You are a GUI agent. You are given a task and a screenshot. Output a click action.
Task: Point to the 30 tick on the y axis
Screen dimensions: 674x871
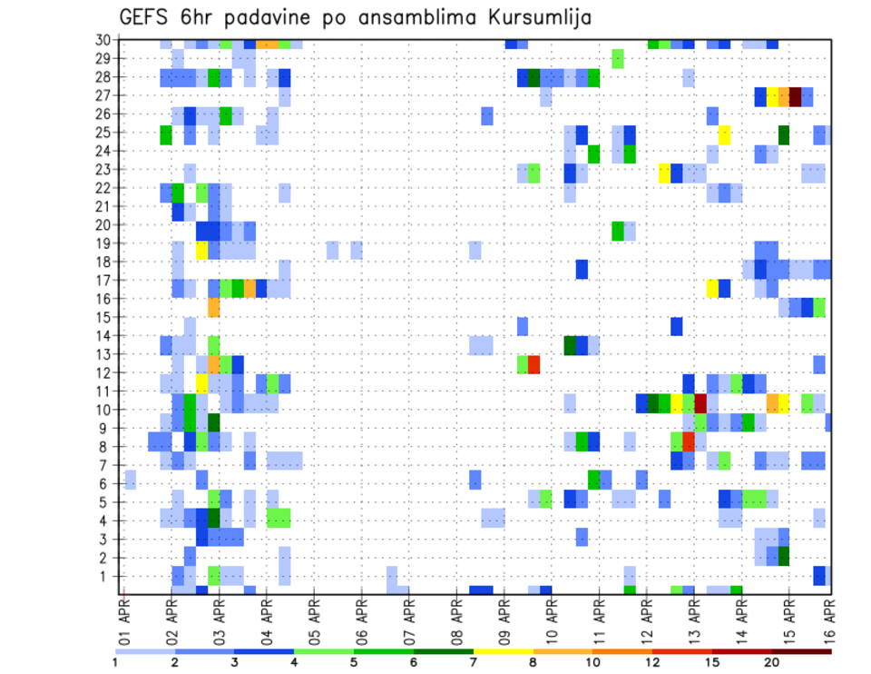coord(104,40)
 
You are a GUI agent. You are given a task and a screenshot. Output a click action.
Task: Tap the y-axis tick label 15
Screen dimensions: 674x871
coord(104,317)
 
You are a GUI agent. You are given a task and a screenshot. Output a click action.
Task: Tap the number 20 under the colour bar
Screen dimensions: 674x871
coord(773,662)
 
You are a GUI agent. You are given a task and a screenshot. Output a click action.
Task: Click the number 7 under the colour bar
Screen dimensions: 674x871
coord(475,662)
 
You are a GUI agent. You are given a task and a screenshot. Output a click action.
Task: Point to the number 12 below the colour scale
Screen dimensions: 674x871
coord(653,662)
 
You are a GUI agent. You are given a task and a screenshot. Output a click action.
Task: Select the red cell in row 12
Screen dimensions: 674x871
coord(534,365)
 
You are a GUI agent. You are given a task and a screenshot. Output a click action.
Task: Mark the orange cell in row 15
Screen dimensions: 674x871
coord(214,308)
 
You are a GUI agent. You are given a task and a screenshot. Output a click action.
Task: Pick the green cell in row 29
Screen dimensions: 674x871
coord(618,59)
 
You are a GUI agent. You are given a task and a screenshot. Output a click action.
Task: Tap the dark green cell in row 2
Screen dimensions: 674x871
coord(783,555)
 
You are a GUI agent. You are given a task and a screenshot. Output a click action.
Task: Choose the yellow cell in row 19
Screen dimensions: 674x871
coord(201,250)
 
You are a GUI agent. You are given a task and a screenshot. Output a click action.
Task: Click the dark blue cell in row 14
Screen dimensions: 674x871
coord(676,326)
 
